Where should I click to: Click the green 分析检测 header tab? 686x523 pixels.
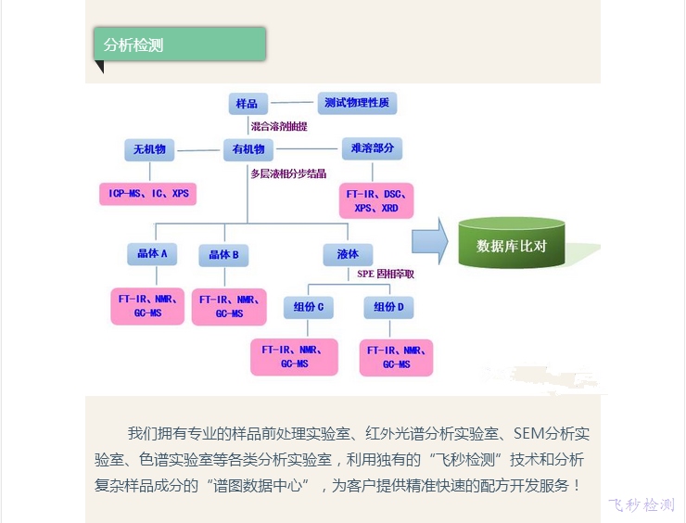(x=180, y=45)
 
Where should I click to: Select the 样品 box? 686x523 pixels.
(x=248, y=103)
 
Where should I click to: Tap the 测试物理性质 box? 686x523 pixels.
(x=356, y=102)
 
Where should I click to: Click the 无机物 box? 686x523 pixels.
(x=149, y=149)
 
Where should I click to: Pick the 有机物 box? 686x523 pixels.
(x=248, y=149)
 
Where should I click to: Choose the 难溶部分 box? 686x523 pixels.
(x=372, y=149)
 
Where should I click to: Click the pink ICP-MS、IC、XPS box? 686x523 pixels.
(x=148, y=194)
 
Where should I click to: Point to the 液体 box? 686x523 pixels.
(x=348, y=254)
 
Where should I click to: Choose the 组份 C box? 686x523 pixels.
(x=309, y=307)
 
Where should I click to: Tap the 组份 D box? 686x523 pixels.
(x=388, y=307)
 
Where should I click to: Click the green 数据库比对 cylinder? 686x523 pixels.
(x=512, y=245)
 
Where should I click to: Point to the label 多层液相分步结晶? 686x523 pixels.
(x=288, y=173)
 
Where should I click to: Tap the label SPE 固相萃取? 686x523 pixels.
(x=386, y=274)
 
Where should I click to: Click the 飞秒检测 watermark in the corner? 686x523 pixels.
(x=641, y=504)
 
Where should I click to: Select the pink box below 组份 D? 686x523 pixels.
(x=396, y=357)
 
